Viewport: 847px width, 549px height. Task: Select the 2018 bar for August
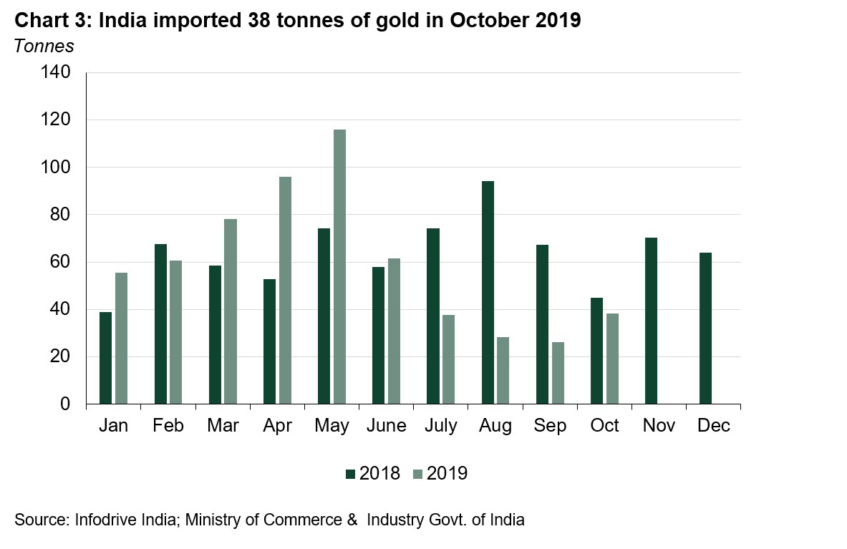(488, 293)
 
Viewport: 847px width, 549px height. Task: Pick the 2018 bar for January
(105, 358)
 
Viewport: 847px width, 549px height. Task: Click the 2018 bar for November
(651, 321)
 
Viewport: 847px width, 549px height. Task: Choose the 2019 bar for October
(612, 359)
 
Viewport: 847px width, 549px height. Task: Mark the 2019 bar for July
(448, 359)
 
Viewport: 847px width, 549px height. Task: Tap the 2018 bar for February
(160, 324)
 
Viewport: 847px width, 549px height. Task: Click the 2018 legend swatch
(350, 474)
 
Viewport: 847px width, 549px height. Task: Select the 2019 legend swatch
(418, 474)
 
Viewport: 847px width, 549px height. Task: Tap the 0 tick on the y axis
(65, 404)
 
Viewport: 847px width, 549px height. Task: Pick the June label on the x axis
(386, 426)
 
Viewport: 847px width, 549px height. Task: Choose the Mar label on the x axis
(223, 426)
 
